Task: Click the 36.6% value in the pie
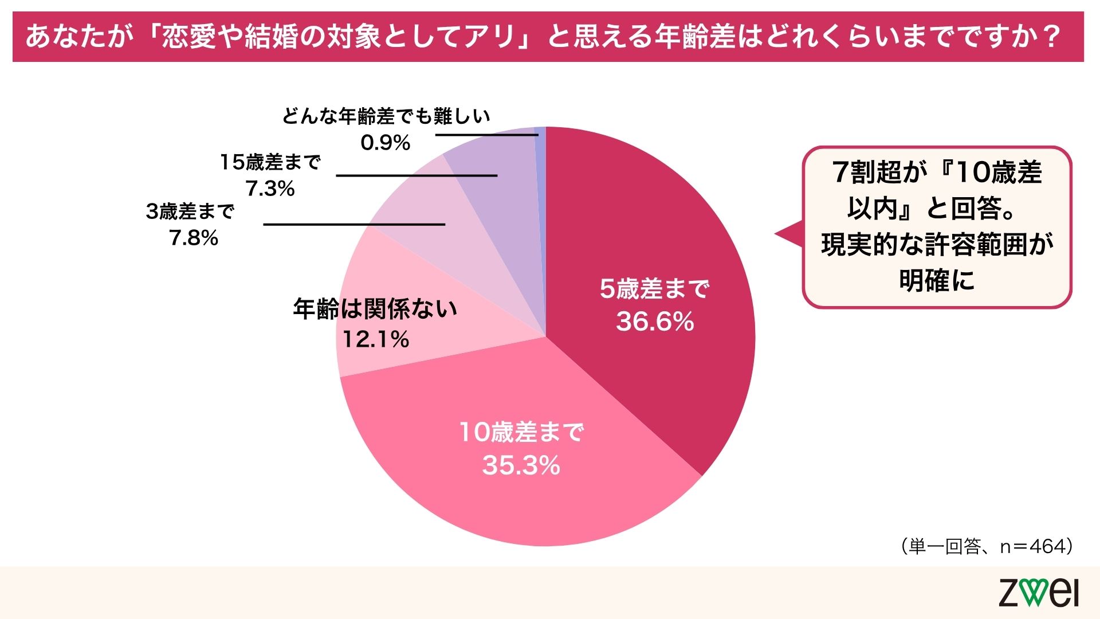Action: tap(655, 322)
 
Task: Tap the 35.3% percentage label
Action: tap(521, 465)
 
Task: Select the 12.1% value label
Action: tap(376, 339)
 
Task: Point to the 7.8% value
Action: tap(194, 238)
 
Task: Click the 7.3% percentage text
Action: tap(270, 188)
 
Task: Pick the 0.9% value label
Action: tap(386, 143)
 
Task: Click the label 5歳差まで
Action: tap(655, 289)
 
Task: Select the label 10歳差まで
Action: tap(521, 432)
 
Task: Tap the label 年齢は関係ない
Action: tap(375, 309)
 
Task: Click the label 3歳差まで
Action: tap(190, 211)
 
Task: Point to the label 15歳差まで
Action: tap(270, 162)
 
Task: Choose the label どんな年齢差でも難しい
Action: tap(386, 116)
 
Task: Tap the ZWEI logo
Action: tap(1038, 593)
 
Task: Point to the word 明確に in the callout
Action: tap(937, 281)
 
